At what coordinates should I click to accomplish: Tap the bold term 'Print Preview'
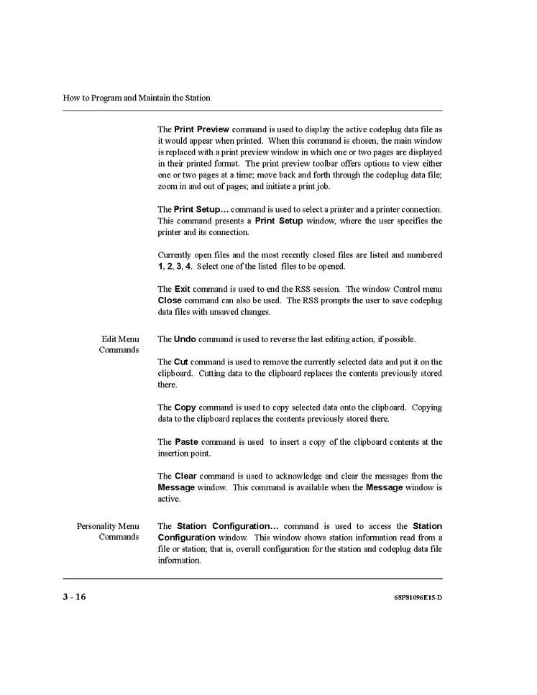click(201, 129)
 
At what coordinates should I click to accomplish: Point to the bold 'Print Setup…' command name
click(203, 209)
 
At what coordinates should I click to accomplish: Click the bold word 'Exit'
click(182, 289)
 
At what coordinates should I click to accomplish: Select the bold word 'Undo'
click(185, 339)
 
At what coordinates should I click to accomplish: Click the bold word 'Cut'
click(181, 362)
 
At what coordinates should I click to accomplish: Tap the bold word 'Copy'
click(185, 408)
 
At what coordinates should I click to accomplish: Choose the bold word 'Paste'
click(186, 442)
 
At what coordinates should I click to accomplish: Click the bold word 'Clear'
click(185, 476)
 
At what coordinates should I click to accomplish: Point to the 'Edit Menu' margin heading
click(120, 339)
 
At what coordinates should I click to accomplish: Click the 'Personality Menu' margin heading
click(108, 526)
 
